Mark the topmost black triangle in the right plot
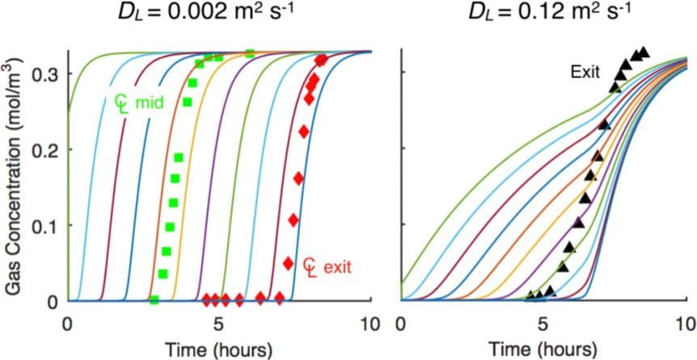click(x=644, y=52)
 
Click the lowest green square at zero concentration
click(x=154, y=300)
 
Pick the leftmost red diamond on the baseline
click(x=206, y=299)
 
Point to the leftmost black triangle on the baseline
click(x=530, y=295)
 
